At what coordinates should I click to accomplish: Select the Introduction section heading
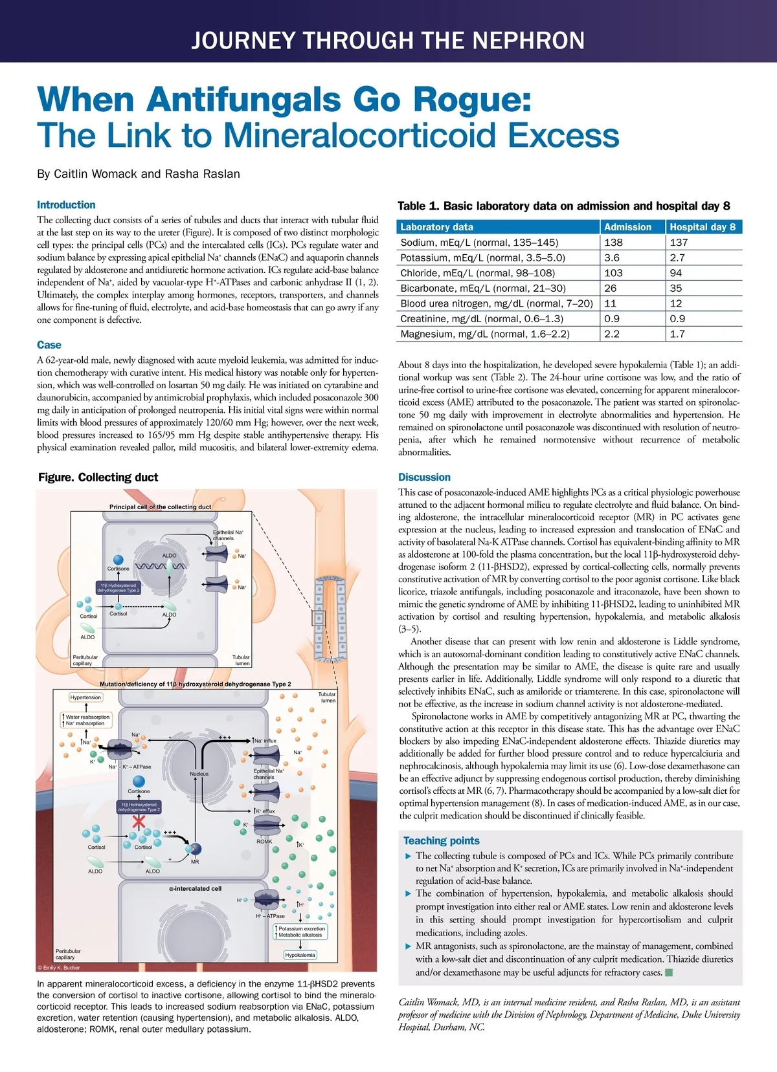[66, 205]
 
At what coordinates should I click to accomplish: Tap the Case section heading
[49, 345]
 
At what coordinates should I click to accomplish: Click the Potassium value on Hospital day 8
[677, 257]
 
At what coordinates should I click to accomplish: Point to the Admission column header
[627, 227]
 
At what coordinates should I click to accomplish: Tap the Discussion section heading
[424, 477]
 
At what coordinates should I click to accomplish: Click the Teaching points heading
[441, 840]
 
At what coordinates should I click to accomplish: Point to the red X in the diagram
[139, 822]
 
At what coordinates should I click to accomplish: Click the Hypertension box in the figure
[85, 697]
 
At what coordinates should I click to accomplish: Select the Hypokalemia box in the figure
[300, 955]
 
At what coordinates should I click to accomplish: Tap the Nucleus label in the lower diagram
[199, 774]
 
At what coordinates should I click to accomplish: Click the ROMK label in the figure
[264, 842]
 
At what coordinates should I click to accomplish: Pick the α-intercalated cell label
[195, 888]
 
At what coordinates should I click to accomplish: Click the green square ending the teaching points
[670, 972]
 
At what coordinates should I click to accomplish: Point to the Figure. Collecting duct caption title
[98, 477]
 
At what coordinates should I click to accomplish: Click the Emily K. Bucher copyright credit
[59, 968]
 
